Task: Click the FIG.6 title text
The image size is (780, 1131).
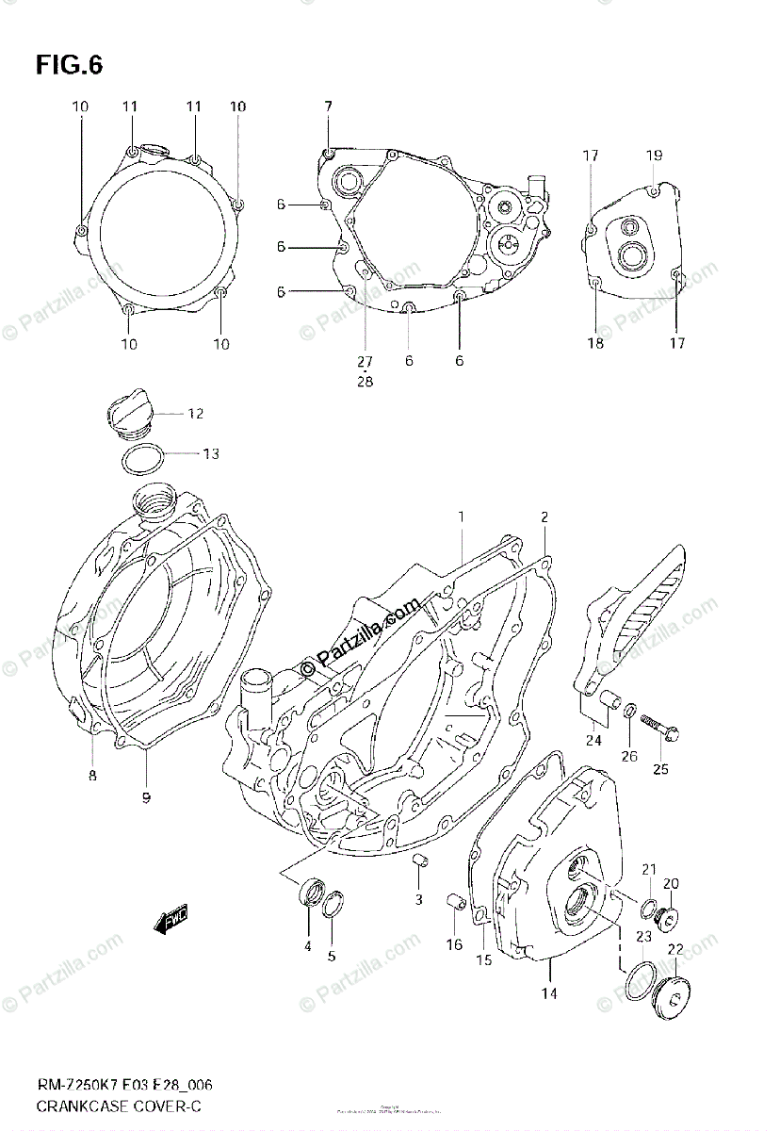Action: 69,65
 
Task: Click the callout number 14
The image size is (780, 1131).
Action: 549,993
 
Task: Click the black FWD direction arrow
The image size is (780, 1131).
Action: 172,920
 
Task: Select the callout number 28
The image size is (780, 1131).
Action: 365,381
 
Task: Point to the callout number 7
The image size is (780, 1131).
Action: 328,107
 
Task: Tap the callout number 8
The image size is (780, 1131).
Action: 92,776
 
